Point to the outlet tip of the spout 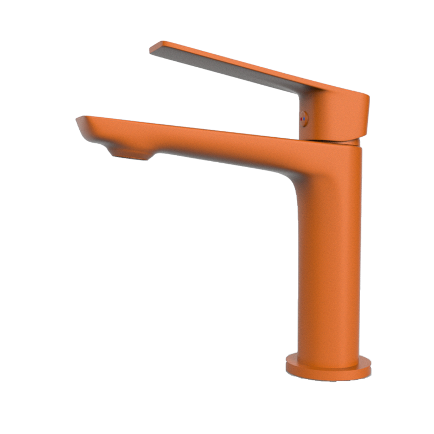80,120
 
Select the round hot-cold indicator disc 304,118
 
